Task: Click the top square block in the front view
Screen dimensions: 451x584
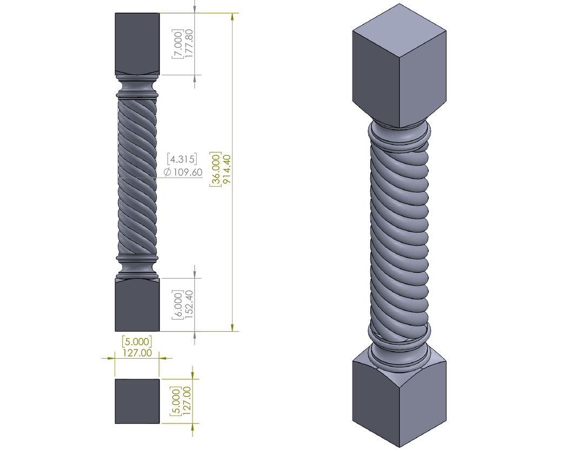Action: coord(136,43)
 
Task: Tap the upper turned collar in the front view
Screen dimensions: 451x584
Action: coord(137,86)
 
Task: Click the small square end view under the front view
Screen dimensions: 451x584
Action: coord(137,401)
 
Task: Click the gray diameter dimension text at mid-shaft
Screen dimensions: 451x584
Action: coord(183,165)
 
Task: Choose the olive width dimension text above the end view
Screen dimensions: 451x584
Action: coord(137,346)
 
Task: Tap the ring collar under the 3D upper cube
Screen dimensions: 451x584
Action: coord(399,135)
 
